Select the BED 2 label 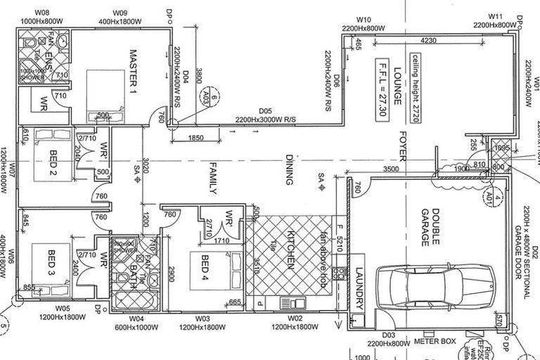[53, 162]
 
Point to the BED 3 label [52, 263]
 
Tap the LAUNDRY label [359, 290]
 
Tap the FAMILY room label [210, 176]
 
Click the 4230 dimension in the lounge [432, 40]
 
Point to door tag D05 [265, 110]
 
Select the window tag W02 [295, 319]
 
